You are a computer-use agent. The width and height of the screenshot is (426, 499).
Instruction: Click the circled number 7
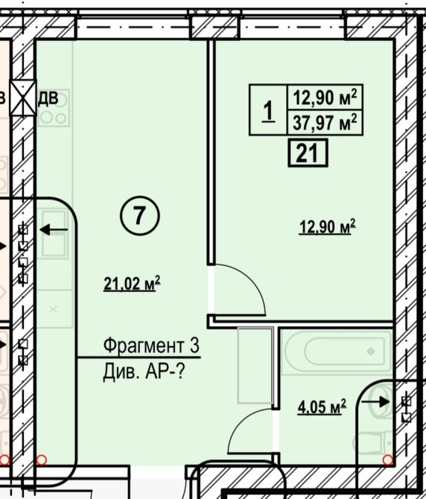[x=140, y=216]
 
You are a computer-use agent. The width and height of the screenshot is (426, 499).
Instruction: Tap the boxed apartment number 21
[x=308, y=153]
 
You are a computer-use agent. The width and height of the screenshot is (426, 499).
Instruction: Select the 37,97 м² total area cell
[x=325, y=123]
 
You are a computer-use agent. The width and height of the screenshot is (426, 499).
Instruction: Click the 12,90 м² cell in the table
[x=325, y=98]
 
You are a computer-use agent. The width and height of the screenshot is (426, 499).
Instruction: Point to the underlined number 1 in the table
[x=269, y=111]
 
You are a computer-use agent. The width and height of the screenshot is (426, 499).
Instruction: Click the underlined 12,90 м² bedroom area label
[x=327, y=227]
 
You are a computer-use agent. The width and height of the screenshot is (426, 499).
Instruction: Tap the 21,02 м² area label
[x=132, y=283]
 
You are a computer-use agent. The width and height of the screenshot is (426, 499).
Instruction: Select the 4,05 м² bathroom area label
[x=322, y=407]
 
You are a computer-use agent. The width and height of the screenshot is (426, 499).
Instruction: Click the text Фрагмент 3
[x=151, y=346]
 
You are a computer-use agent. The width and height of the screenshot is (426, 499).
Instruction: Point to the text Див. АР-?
[x=144, y=372]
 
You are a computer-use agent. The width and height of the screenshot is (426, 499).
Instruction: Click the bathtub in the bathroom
[x=337, y=352]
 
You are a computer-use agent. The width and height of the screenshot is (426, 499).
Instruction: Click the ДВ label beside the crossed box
[x=48, y=98]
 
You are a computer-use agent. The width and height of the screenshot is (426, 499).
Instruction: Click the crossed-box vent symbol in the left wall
[x=23, y=98]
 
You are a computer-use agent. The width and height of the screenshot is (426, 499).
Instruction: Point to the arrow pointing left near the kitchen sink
[x=54, y=229]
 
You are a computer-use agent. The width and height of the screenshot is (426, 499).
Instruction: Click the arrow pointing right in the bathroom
[x=375, y=401]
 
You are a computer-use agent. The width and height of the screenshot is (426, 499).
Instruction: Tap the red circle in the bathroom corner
[x=387, y=460]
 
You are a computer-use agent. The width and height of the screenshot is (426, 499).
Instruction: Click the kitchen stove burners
[x=54, y=107]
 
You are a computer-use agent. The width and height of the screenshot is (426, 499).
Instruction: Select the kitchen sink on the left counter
[x=54, y=233]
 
